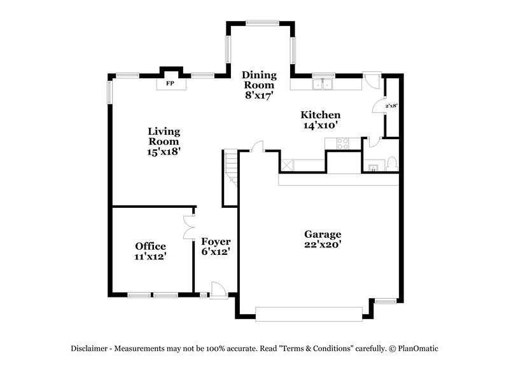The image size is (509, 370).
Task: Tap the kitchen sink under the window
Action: [x=324, y=84]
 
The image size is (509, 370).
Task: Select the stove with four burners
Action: [x=342, y=143]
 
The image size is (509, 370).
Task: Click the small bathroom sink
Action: [x=373, y=168]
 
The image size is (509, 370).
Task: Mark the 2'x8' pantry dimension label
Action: [x=391, y=106]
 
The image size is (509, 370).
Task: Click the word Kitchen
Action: [x=321, y=115]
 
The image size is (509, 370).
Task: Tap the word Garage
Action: [x=323, y=234]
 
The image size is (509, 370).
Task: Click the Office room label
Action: [x=150, y=246]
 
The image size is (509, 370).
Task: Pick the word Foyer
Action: [x=216, y=242]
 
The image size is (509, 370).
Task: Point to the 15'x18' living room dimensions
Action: [x=164, y=152]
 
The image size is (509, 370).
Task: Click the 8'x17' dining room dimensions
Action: [x=258, y=95]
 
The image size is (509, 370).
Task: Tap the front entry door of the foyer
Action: [x=218, y=289]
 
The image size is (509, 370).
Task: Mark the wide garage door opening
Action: [x=309, y=312]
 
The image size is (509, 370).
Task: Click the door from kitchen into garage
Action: [x=258, y=147]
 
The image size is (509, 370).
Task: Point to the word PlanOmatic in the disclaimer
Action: [x=419, y=348]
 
